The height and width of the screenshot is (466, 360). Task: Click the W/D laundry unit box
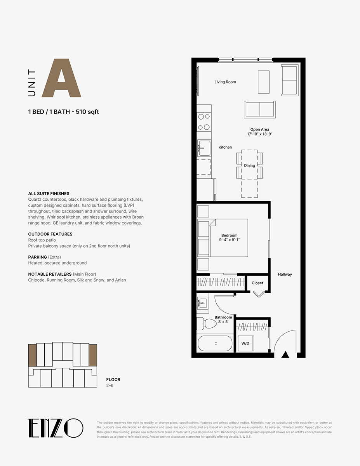click(246, 343)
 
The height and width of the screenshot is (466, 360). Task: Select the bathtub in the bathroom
click(215, 343)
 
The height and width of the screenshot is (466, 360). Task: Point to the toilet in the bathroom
click(207, 323)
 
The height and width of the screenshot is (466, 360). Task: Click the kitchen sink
click(204, 148)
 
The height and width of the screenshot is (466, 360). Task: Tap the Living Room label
click(225, 82)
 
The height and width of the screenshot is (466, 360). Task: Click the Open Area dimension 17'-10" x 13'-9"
click(260, 134)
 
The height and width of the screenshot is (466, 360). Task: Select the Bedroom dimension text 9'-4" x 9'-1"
click(229, 240)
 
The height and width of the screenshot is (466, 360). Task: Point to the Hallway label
click(285, 274)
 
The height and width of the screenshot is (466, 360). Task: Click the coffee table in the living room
click(264, 82)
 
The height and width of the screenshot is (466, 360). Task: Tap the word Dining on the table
click(249, 165)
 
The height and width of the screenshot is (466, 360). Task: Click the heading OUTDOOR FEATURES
click(50, 234)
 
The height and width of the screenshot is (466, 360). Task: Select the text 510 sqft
click(87, 112)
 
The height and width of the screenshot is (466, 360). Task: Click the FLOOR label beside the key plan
click(113, 379)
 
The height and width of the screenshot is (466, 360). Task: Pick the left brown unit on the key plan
click(32, 355)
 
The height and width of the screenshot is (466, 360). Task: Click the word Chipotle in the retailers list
click(36, 280)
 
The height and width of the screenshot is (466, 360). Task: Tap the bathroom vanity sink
click(202, 303)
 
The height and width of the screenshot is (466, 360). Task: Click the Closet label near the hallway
click(257, 283)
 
